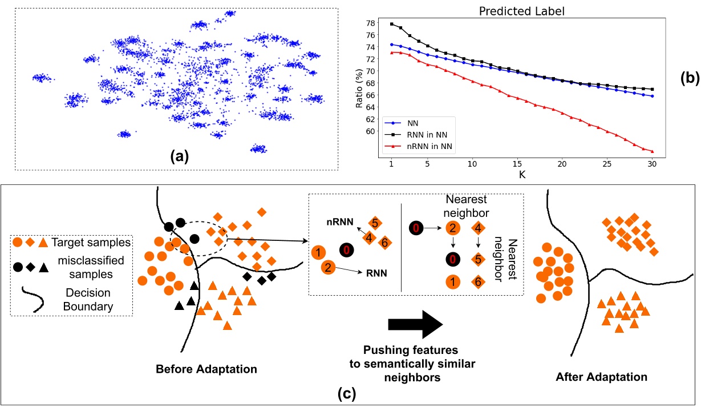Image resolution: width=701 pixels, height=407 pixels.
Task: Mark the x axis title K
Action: click(521, 175)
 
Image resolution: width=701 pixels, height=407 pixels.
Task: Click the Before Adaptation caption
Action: click(206, 369)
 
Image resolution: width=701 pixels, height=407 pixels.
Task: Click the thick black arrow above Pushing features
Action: click(415, 325)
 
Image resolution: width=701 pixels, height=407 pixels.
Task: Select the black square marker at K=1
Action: click(392, 24)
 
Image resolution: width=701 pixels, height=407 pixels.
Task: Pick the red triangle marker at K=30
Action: click(652, 151)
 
